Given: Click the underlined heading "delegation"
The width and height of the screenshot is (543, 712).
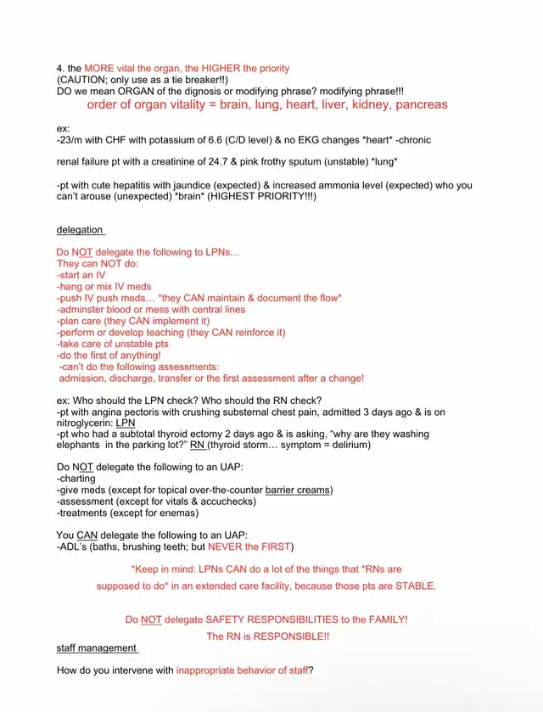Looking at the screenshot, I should click(x=80, y=230).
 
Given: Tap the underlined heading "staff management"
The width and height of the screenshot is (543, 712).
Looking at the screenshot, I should click(x=96, y=648).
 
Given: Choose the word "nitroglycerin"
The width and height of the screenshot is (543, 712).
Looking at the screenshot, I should click(x=85, y=422).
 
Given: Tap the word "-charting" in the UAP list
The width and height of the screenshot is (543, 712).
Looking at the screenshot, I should click(x=76, y=479).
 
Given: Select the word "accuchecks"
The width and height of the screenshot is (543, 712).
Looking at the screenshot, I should click(x=227, y=502).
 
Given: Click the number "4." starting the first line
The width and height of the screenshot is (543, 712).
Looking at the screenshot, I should click(x=62, y=68).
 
